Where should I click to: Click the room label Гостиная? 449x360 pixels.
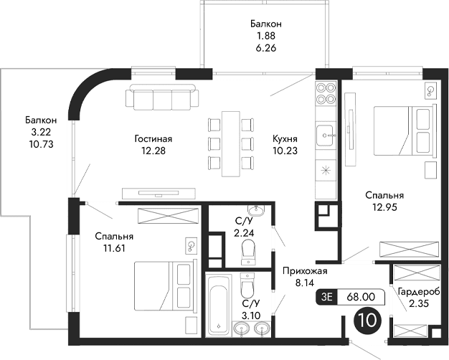click(x=153, y=138)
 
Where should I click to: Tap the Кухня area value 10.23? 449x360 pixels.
click(x=285, y=151)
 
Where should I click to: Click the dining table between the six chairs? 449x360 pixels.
click(x=231, y=143)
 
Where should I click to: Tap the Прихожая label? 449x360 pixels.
click(x=305, y=270)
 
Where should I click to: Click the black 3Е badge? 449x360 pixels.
click(x=328, y=295)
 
